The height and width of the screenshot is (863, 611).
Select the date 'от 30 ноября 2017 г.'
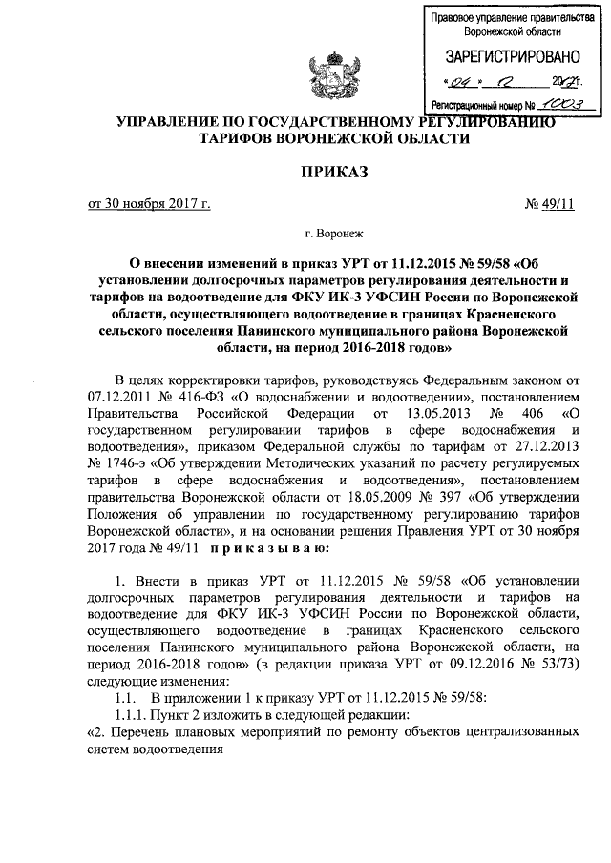[149, 203]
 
